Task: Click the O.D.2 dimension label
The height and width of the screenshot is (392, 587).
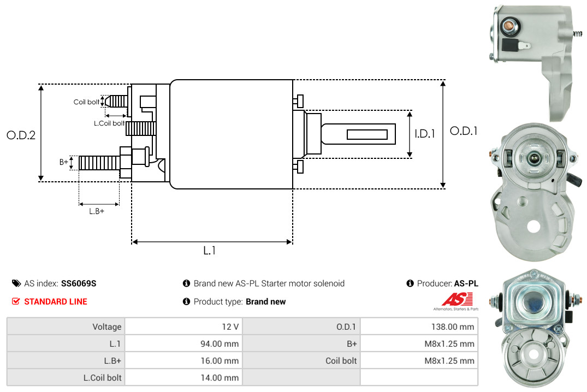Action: [21, 135]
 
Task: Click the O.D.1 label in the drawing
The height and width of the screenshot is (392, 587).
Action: [463, 131]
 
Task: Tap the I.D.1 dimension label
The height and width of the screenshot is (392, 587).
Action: [424, 133]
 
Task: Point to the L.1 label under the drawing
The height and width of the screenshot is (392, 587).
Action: [210, 251]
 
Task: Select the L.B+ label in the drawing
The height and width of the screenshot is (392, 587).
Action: [97, 211]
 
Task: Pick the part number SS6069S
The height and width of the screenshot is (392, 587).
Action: [79, 283]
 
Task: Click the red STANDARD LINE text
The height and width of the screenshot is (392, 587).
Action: [56, 301]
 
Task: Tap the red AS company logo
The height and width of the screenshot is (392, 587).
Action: [453, 300]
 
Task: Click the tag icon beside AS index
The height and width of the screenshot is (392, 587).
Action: [16, 283]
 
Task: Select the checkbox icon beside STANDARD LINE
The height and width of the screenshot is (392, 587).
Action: [16, 301]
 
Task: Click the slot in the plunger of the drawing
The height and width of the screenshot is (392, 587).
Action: [367, 134]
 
